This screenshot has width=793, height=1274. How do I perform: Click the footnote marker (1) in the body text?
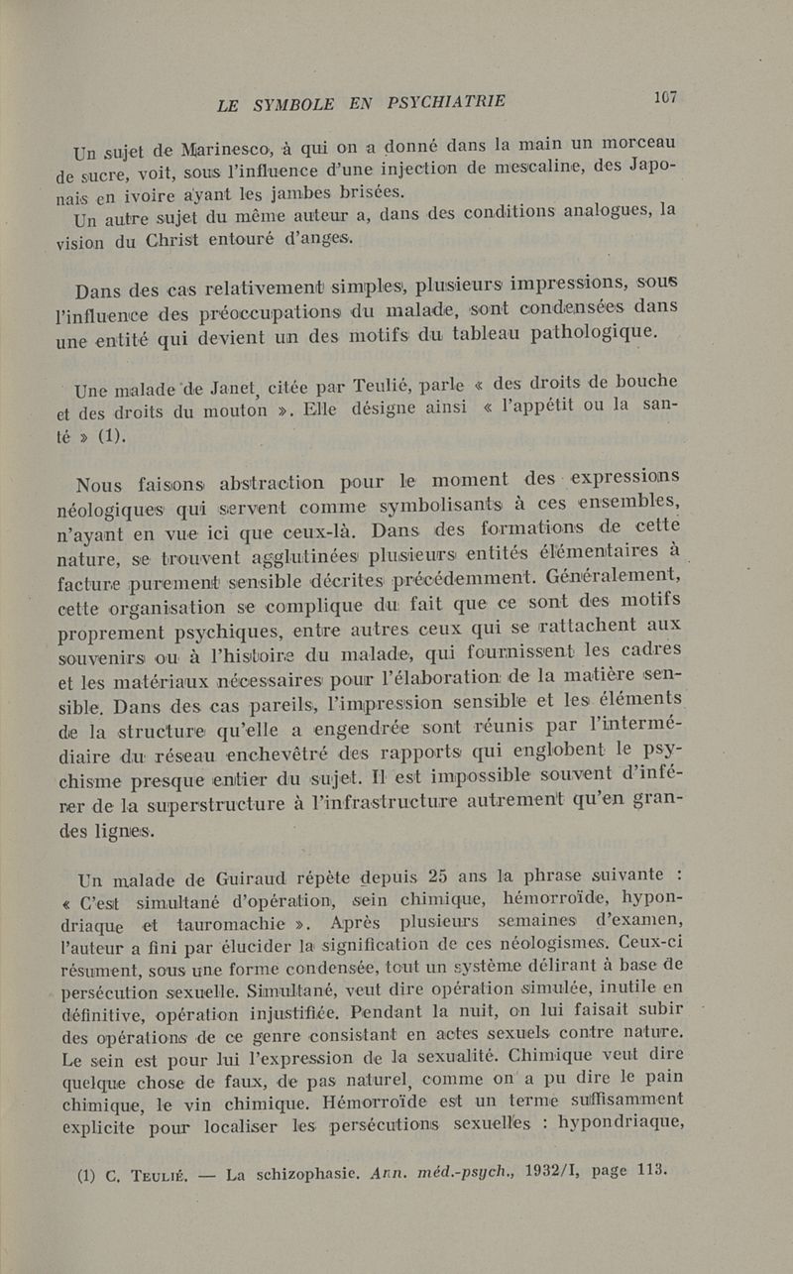[110, 437]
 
